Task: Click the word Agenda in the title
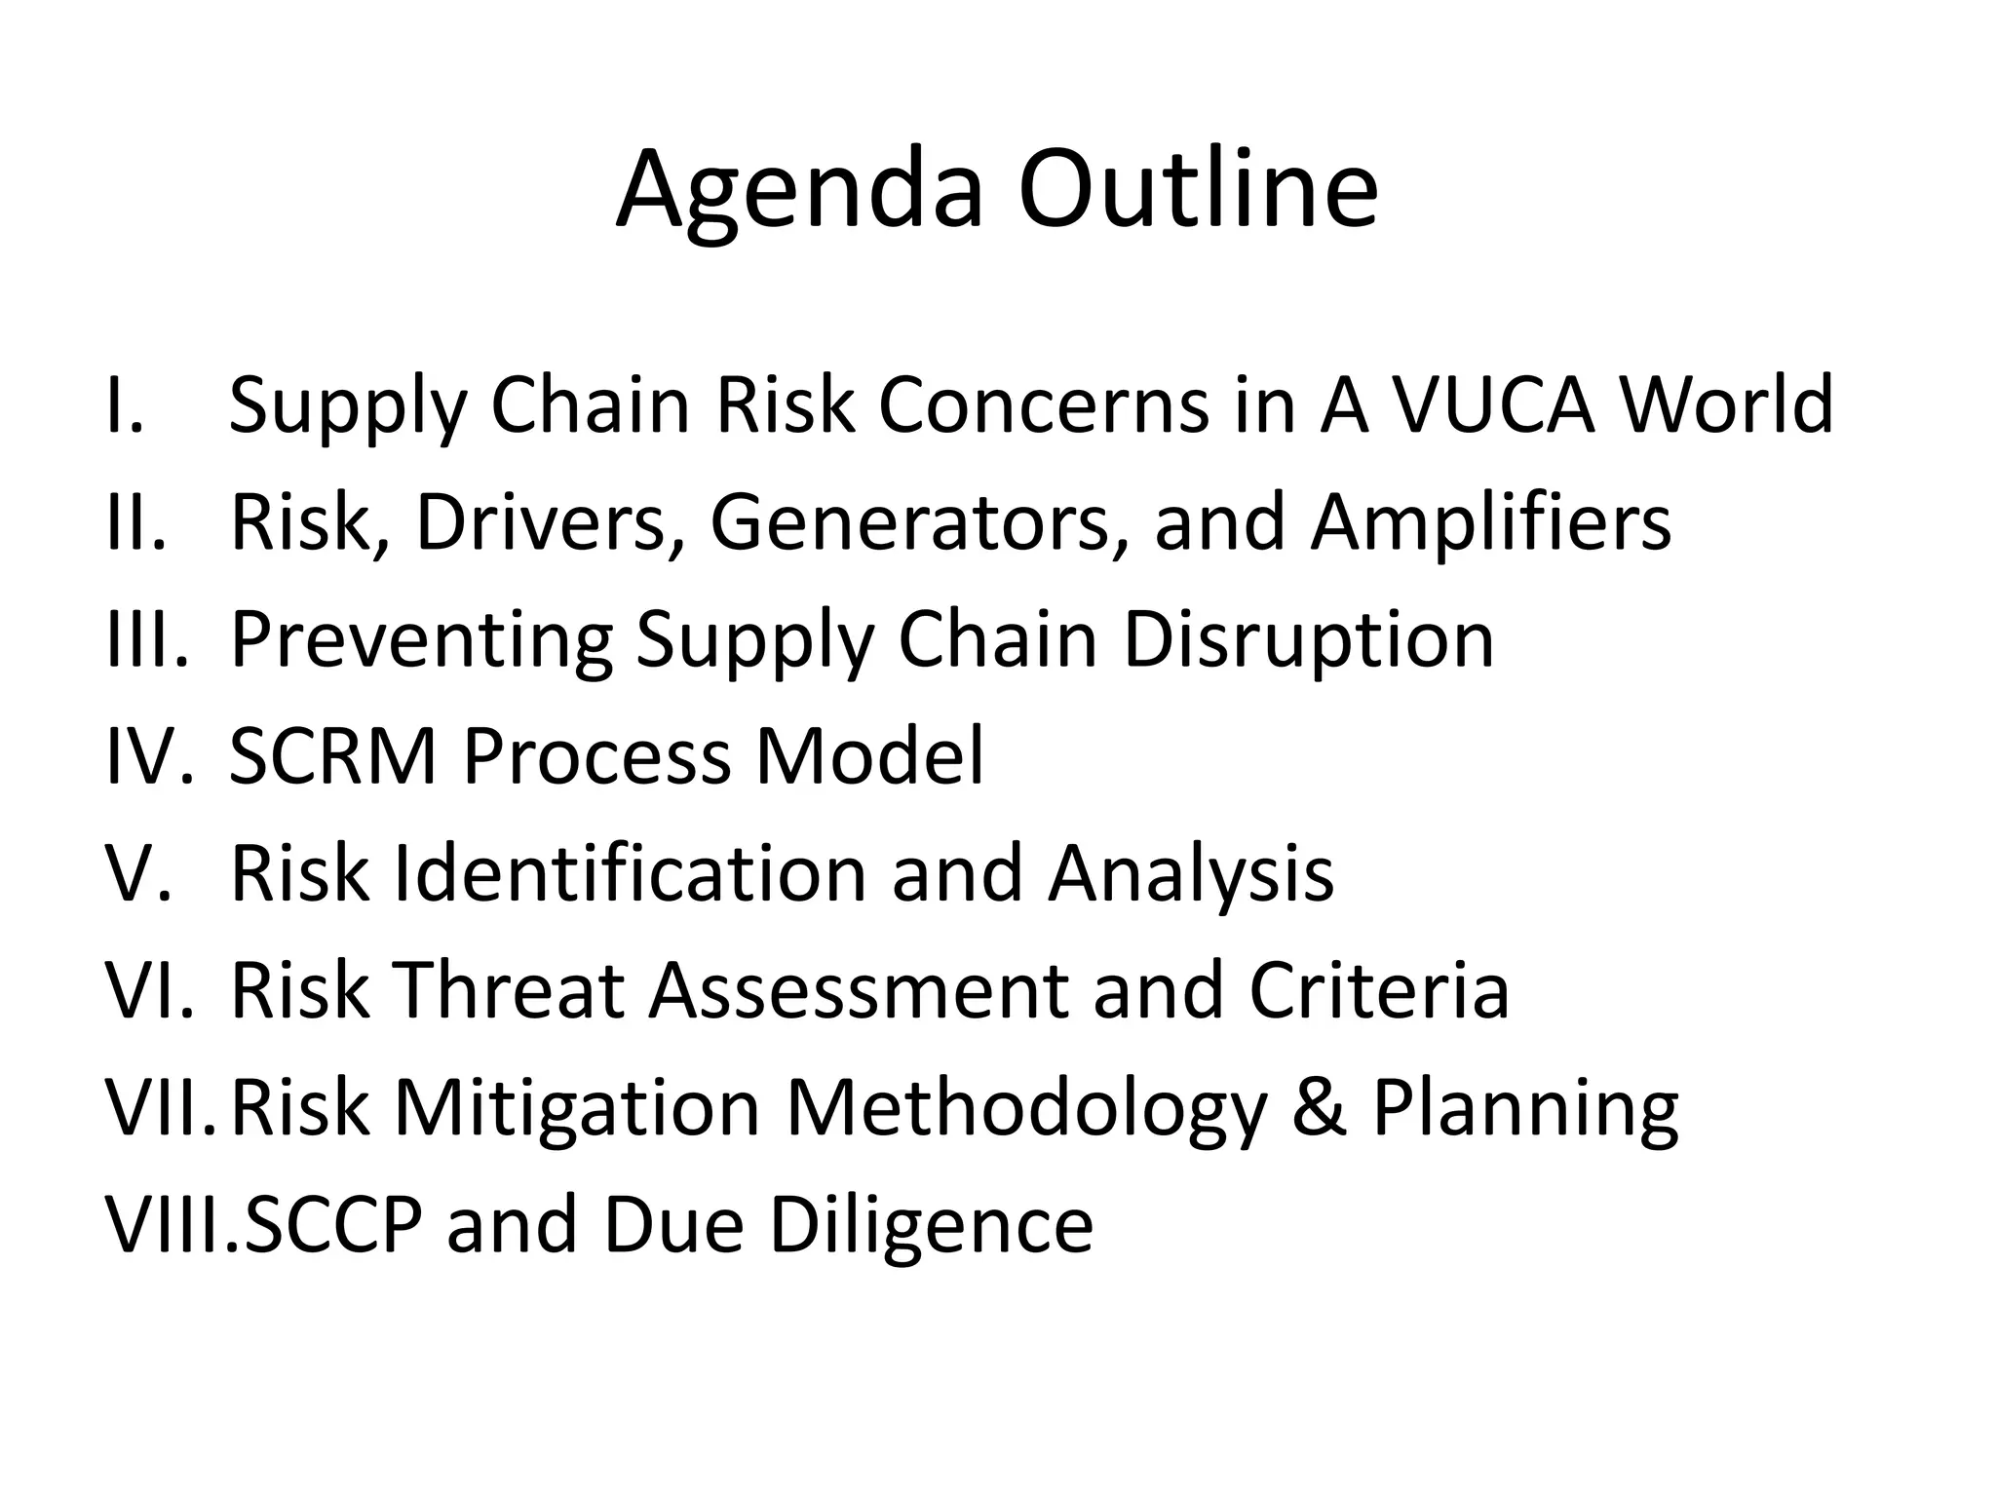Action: coord(799,190)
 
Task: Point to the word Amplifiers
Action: coord(1490,523)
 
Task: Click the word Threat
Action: coord(508,991)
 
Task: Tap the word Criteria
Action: coord(1378,991)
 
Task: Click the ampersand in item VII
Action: coord(1320,1108)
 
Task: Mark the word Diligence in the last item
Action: coord(931,1226)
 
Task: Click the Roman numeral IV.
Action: coord(146,756)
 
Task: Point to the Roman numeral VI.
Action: coord(146,991)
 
